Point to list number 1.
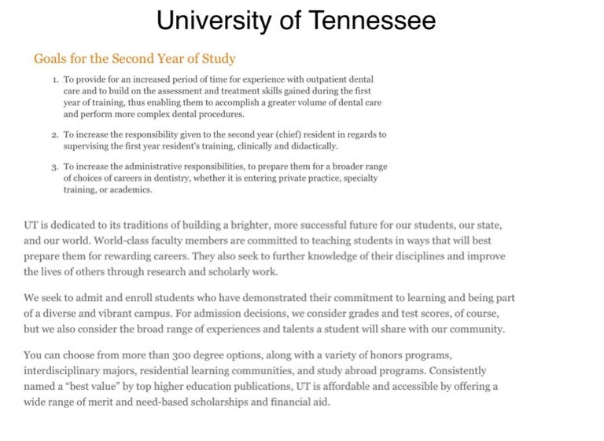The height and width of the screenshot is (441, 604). [55, 80]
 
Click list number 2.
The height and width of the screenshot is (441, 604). [55, 134]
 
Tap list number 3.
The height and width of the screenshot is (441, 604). [55, 167]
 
